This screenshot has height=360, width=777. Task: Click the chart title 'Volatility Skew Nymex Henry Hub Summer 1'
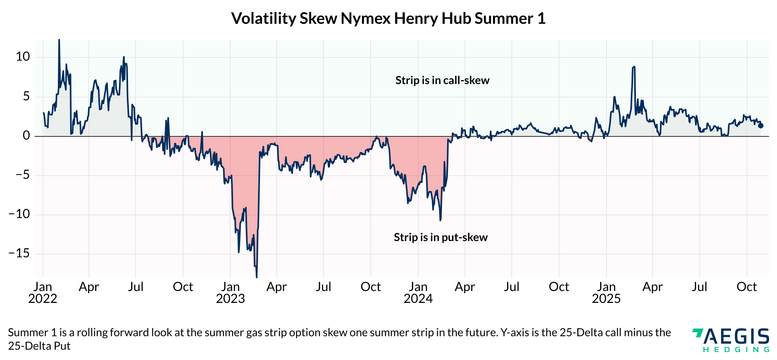click(x=388, y=19)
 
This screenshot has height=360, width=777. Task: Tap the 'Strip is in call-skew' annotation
click(x=442, y=80)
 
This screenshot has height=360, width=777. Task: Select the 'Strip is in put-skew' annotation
click(x=440, y=237)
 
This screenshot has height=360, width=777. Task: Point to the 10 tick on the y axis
click(x=23, y=57)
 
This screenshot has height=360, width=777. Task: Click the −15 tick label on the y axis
click(x=20, y=253)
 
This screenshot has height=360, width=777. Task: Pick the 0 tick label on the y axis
click(x=26, y=136)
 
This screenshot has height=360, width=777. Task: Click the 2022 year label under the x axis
click(x=43, y=299)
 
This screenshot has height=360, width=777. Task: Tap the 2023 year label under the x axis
click(x=230, y=299)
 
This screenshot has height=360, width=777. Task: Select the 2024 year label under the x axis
click(x=418, y=299)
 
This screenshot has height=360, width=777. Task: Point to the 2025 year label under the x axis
click(x=606, y=299)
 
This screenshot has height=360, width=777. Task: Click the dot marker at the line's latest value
click(x=761, y=126)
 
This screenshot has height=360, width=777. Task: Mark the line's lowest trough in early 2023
click(x=256, y=277)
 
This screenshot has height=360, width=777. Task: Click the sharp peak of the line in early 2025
click(x=634, y=67)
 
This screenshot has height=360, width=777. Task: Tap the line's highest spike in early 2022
click(x=59, y=40)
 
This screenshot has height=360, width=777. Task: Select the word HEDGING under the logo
click(x=736, y=350)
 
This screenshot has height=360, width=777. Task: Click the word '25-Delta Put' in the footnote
click(x=39, y=346)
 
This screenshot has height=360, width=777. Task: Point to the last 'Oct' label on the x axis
click(x=746, y=287)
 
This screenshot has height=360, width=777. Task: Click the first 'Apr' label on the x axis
click(x=89, y=287)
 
